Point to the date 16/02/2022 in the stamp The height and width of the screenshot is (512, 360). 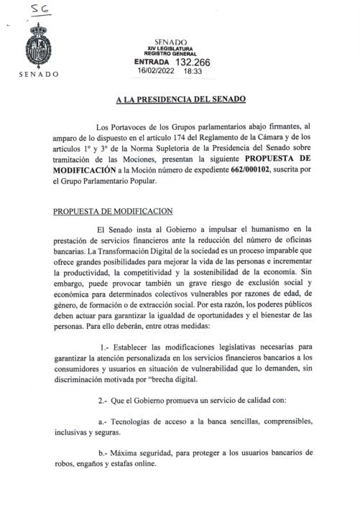(160, 72)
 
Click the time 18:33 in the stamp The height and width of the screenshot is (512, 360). (193, 72)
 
